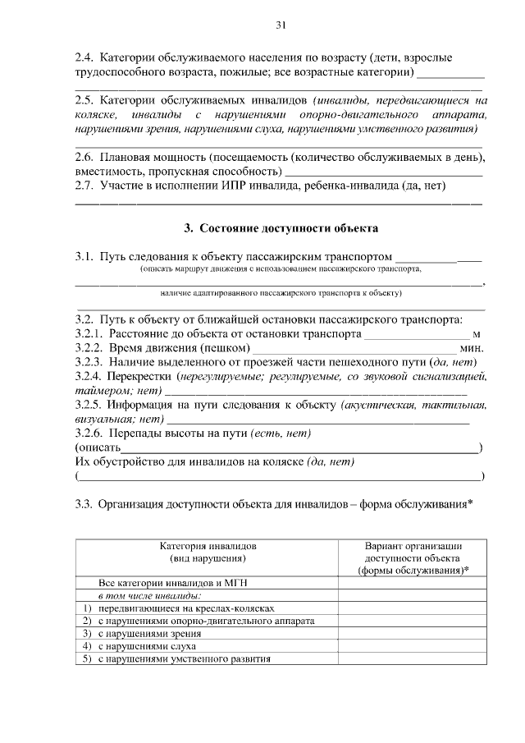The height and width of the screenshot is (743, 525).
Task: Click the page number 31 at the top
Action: [x=280, y=26]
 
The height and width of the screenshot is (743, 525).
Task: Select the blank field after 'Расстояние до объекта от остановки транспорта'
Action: [x=416, y=334]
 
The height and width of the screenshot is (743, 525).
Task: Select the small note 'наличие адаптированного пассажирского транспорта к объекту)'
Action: [x=280, y=291]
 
